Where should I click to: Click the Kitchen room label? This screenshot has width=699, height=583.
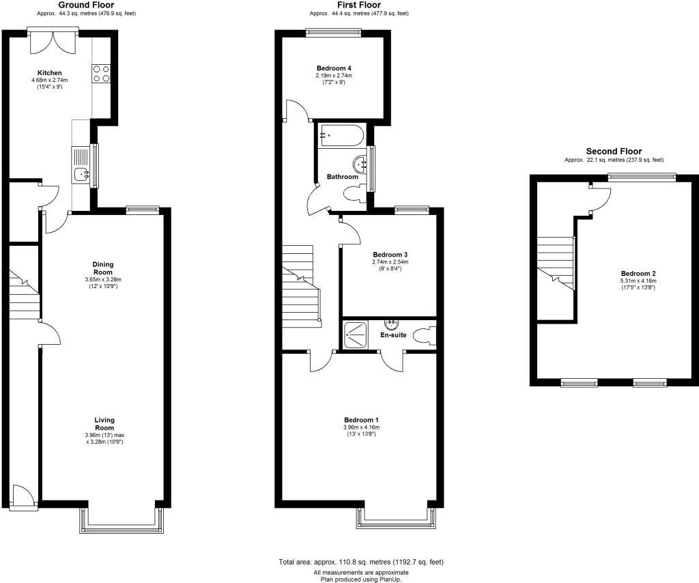(50, 73)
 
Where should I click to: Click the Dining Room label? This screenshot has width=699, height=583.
(103, 268)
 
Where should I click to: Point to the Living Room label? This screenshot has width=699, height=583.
(104, 424)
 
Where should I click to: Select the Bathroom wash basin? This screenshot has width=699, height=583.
(360, 163)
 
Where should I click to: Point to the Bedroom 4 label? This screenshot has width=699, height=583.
(334, 68)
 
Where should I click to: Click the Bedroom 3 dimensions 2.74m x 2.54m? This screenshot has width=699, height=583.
(390, 262)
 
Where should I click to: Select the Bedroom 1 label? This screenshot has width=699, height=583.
(361, 420)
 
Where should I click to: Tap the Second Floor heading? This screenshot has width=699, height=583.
(613, 152)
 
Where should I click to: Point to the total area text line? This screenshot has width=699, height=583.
(361, 562)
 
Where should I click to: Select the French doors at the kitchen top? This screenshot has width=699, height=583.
(53, 42)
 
